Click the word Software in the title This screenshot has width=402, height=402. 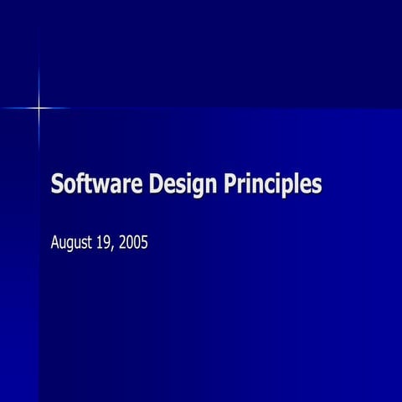pos(97,183)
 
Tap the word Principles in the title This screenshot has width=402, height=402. pos(272,184)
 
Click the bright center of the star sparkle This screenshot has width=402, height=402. pos(39,108)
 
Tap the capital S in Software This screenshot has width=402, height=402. pos(57,183)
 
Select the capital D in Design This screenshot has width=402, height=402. pos(157,183)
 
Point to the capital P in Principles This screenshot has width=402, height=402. pos(229,183)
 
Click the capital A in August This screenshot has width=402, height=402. pos(55,244)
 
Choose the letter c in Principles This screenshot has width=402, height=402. pos(272,185)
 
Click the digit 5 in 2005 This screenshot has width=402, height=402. pos(144,244)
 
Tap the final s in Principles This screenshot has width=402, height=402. pos(317,185)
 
